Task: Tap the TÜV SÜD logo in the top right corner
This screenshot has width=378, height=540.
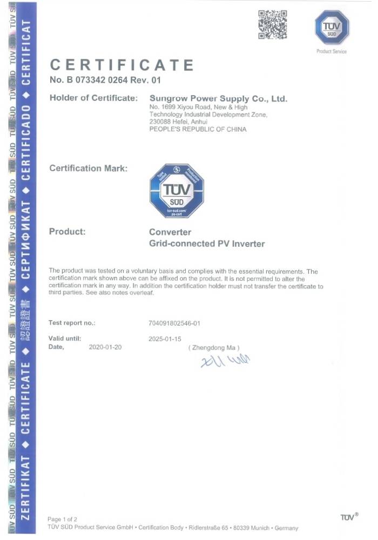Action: pos(332,28)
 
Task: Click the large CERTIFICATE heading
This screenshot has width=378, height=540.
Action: pos(122,65)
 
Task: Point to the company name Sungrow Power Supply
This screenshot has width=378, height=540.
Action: pos(218,98)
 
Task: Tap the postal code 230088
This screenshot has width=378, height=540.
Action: pos(160,122)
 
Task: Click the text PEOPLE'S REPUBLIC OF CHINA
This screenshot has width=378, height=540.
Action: pos(198,129)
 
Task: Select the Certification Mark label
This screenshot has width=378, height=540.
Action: pos(89,168)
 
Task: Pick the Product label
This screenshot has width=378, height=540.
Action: pos(67,232)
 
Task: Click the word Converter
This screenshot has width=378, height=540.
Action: pos(170,232)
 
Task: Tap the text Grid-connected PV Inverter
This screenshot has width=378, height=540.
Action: pos(207,244)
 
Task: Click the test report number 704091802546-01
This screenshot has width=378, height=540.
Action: pos(174,323)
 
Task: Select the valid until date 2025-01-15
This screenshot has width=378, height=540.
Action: pos(165,339)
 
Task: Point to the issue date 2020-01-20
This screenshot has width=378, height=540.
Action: pos(105,347)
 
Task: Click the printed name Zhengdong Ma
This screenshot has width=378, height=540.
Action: pos(214,348)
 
